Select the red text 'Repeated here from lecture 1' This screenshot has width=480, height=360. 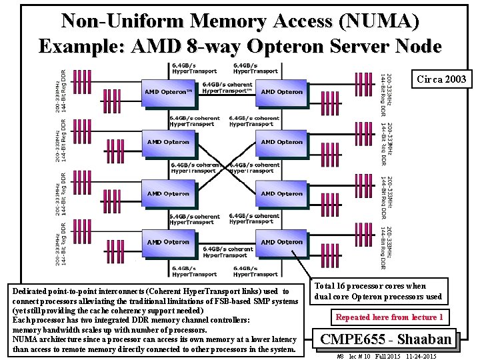[x=389, y=317]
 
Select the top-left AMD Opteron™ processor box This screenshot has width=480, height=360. [x=169, y=92]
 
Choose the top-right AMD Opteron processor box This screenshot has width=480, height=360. [x=281, y=92]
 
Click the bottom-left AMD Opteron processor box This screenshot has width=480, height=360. [x=168, y=242]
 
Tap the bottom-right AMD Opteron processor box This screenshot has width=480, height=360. [x=281, y=242]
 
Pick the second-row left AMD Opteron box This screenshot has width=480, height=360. [x=168, y=142]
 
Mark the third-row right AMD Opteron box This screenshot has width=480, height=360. [x=281, y=193]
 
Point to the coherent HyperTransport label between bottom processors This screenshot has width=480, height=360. [x=225, y=251]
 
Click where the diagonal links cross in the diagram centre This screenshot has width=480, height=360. [x=225, y=167]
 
